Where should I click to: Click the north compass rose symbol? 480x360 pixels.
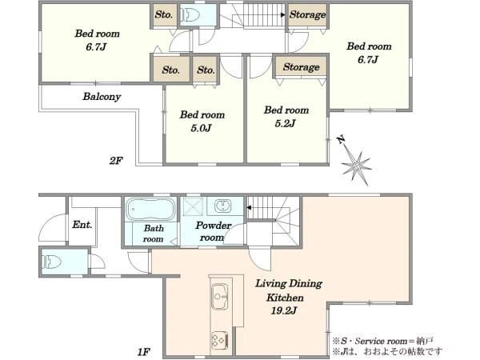coord(356,166)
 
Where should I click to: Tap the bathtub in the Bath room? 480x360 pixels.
coord(150,210)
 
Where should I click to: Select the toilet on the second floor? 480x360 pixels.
coord(190,14)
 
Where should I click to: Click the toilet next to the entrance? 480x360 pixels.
coord(51,262)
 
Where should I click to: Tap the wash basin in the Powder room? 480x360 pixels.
coord(222,206)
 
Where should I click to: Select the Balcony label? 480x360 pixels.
coord(102,97)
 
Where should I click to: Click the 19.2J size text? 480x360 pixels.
coord(284,310)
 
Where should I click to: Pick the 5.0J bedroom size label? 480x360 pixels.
coord(201,128)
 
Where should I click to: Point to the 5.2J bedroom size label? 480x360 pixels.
coord(285,123)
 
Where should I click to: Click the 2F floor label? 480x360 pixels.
coord(116,161)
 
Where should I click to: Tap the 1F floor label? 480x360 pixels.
coord(142,352)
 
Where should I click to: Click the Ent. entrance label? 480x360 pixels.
coord(82,225)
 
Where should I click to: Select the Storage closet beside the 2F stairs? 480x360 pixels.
coord(307,14)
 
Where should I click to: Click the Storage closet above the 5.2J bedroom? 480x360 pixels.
coord(301,66)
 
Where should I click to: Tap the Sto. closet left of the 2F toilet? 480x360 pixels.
coord(164,14)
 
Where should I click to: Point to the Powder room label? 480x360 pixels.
coord(213,231)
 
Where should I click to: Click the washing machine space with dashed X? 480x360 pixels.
coord(193,206)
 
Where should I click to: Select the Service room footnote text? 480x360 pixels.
coord(382,341)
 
